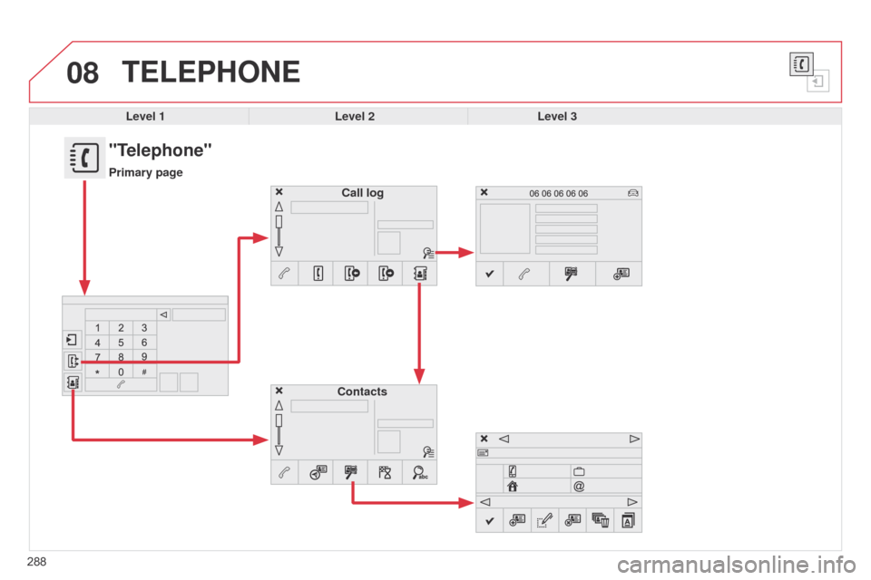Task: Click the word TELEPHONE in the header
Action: click(211, 72)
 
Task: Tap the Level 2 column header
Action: click(355, 116)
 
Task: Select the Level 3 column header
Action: click(557, 116)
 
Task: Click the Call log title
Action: click(362, 193)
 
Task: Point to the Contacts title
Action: click(362, 391)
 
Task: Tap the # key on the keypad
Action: click(144, 372)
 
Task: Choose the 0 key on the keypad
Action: click(121, 372)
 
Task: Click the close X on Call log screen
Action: click(279, 192)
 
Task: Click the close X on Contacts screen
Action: click(279, 391)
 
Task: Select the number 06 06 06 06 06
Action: click(558, 193)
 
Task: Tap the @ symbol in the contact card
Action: click(579, 486)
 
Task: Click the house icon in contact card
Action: click(512, 486)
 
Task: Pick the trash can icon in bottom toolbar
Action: click(601, 520)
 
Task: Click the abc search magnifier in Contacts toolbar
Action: click(420, 472)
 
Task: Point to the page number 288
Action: click(36, 562)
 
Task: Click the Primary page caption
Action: click(145, 172)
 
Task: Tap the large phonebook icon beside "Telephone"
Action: click(84, 158)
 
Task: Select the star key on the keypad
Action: click(97, 372)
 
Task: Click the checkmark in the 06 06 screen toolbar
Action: click(489, 274)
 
